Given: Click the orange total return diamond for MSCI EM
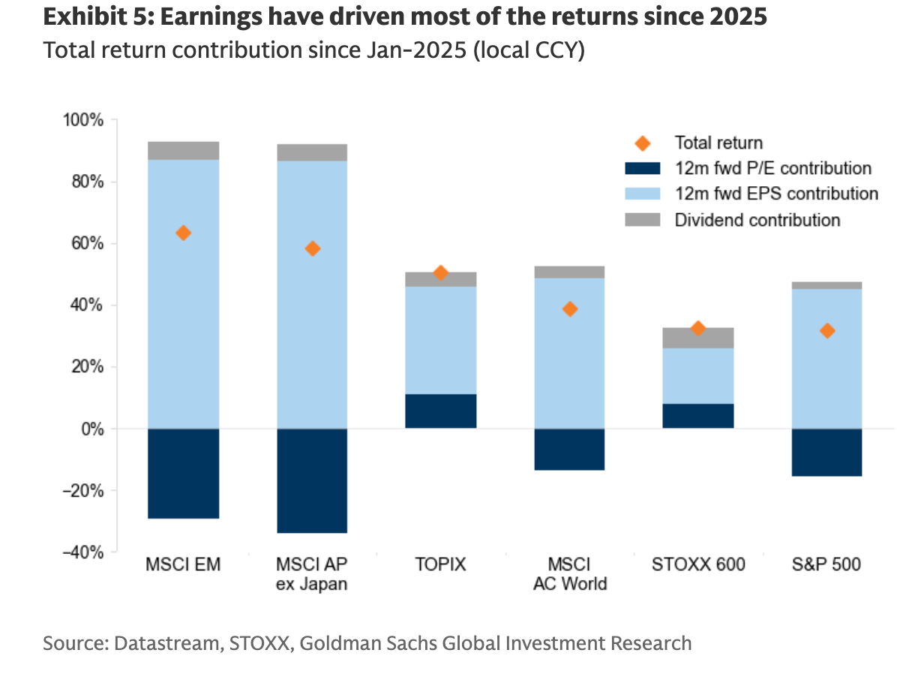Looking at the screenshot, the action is click(x=183, y=233).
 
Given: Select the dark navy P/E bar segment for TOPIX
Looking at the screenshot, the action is click(x=441, y=411).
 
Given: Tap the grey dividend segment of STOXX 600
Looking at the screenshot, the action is click(x=698, y=338).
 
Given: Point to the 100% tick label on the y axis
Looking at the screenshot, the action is click(x=83, y=120).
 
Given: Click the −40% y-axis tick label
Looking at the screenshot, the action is click(x=83, y=552).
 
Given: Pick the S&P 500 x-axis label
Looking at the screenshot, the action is click(x=826, y=564).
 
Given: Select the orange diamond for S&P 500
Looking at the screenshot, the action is click(x=826, y=331).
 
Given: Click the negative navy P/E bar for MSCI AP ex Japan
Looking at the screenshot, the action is click(x=312, y=481).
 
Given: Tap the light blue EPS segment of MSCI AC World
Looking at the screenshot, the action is click(x=570, y=354).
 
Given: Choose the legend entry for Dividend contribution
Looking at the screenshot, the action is click(x=733, y=220).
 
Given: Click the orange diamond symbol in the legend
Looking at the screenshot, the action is click(x=643, y=143).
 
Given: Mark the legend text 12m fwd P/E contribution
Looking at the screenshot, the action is click(x=773, y=168).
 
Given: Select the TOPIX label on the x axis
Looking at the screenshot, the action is click(x=440, y=564).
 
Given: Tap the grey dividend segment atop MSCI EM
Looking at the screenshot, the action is click(x=184, y=151).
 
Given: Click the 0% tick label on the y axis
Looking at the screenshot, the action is click(x=93, y=429).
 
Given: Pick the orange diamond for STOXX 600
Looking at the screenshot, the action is click(x=698, y=329).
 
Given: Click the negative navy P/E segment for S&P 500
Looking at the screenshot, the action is click(x=826, y=453).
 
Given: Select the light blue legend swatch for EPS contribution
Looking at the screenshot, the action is click(x=643, y=194).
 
